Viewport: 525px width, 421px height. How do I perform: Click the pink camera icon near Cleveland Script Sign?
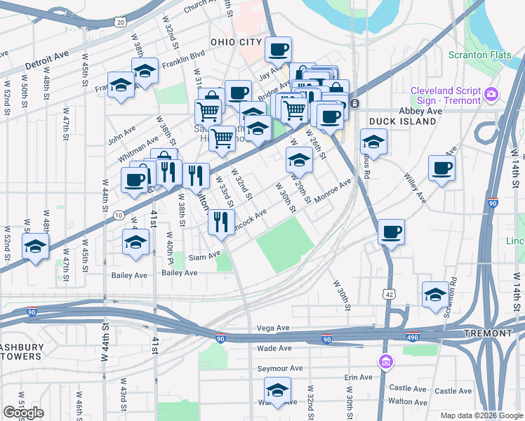[x=491, y=93]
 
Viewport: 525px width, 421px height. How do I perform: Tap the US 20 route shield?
[x=120, y=22]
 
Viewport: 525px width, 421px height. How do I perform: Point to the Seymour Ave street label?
[x=279, y=368]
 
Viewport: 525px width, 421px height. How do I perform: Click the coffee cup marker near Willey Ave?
[x=441, y=168]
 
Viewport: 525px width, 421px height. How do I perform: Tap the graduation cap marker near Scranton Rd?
[x=434, y=295]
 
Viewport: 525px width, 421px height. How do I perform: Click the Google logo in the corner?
[x=23, y=413]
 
